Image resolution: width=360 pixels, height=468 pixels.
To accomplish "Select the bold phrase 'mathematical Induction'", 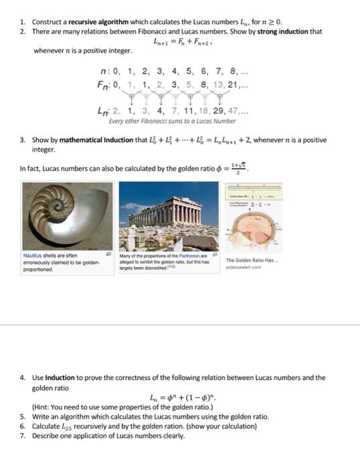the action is point(92,140).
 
